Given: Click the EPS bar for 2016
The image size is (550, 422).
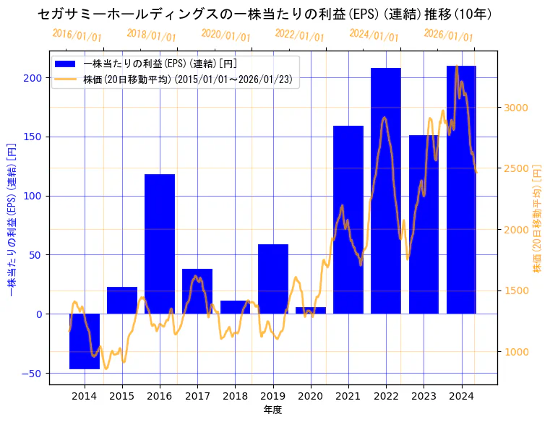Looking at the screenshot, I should pyautogui.click(x=160, y=244).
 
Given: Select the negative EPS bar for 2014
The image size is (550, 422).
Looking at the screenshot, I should pyautogui.click(x=85, y=341).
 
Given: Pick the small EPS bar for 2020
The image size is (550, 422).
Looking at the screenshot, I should pyautogui.click(x=311, y=311).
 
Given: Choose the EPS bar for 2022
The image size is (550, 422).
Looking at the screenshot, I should pyautogui.click(x=386, y=191).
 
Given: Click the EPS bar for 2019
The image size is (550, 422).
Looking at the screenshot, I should pyautogui.click(x=273, y=279).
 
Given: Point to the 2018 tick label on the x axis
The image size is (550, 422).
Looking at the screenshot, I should pyautogui.click(x=235, y=396).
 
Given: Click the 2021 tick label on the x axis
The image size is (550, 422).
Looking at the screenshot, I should pyautogui.click(x=348, y=396).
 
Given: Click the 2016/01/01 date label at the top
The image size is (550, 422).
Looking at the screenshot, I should pyautogui.click(x=77, y=35).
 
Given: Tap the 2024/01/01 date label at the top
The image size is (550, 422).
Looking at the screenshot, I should pyautogui.click(x=374, y=35).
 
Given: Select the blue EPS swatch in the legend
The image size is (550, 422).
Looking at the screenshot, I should pyautogui.click(x=67, y=64).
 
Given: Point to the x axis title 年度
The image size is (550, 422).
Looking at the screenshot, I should pyautogui.click(x=272, y=410).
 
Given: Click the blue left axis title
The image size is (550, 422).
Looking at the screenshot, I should pyautogui.click(x=11, y=218).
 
